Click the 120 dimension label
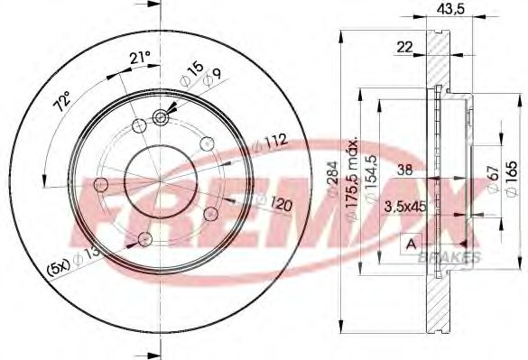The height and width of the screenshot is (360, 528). point(281,207)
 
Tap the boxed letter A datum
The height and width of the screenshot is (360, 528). point(411,245)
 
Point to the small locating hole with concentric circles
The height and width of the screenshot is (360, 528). point(163,115)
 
